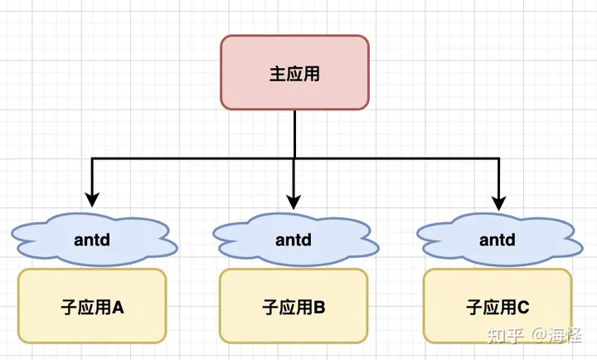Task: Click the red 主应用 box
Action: [x=294, y=72]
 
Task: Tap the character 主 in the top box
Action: [x=278, y=73]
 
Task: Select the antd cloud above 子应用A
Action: [x=93, y=240]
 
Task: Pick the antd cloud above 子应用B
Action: [x=294, y=240]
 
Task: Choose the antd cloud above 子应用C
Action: [x=498, y=240]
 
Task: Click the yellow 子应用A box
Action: [x=92, y=306]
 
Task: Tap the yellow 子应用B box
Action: [x=294, y=306]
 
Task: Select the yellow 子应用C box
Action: [x=498, y=306]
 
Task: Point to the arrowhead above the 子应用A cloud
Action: [x=92, y=200]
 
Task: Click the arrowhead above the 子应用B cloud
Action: [x=294, y=200]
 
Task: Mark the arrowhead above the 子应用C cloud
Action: [x=498, y=200]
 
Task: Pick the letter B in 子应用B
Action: [x=319, y=308]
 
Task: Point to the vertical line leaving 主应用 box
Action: [x=294, y=133]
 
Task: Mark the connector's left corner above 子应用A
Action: [x=92, y=158]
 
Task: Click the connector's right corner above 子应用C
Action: [x=498, y=158]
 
